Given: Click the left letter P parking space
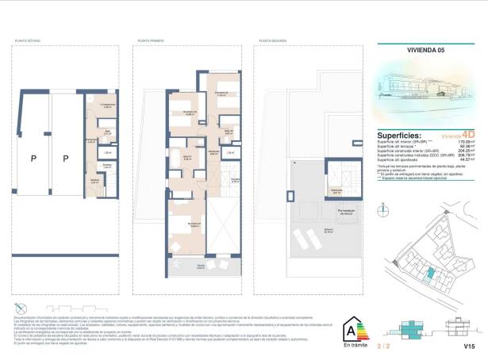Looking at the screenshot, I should tap(33, 159).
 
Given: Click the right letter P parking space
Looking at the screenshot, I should tap(66, 159).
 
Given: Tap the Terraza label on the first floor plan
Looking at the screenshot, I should tap(201, 264).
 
